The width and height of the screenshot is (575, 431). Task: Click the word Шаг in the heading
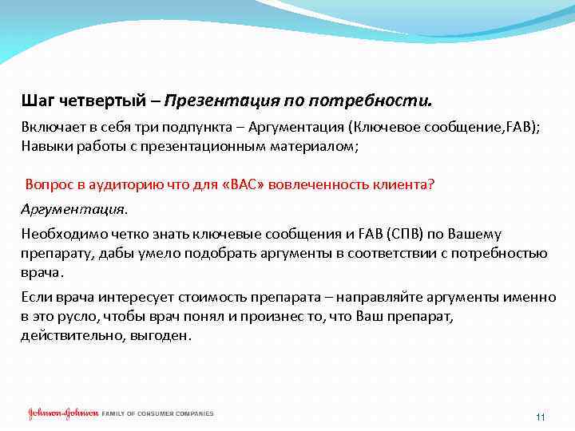(38, 102)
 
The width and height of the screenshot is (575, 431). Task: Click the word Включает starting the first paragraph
(50, 130)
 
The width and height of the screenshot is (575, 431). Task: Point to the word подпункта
(203, 130)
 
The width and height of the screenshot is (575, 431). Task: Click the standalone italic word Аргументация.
(74, 209)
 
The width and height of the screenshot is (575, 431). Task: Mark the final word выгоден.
(165, 335)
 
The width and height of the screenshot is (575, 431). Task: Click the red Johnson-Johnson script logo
(63, 413)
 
